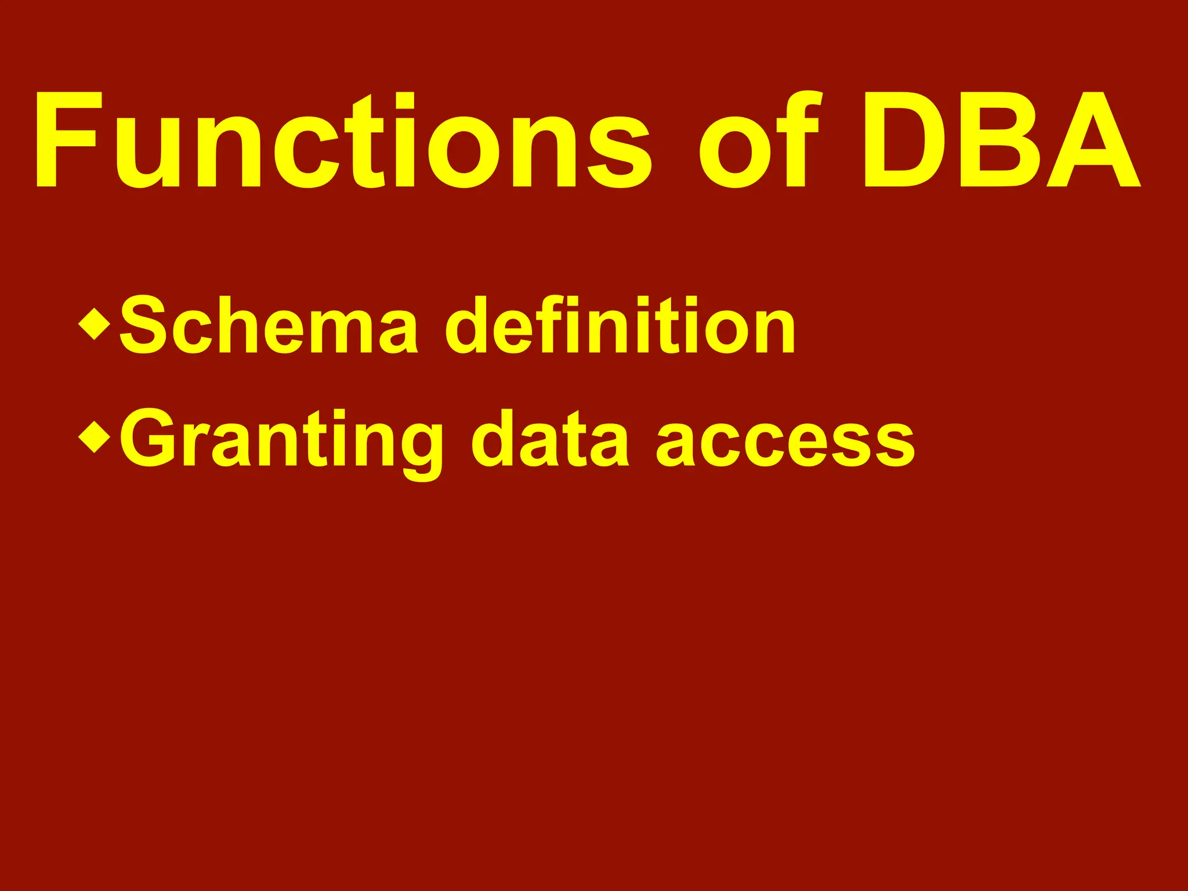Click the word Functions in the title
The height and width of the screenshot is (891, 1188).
point(342,140)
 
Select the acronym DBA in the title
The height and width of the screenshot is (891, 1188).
point(1001,140)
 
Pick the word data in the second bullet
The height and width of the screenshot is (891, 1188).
point(550,440)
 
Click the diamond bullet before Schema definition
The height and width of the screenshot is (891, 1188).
point(94,324)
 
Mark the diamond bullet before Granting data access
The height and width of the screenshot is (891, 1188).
point(94,437)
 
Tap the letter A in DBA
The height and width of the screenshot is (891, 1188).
point(1094,140)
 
